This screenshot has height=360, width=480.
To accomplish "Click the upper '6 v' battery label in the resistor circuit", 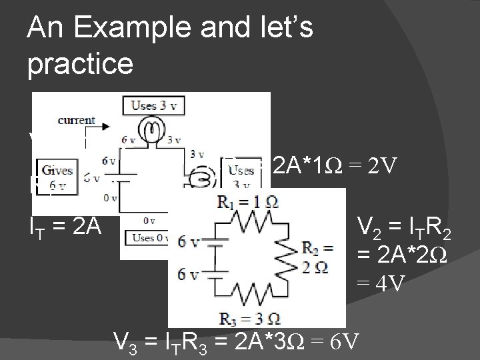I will click(189, 243).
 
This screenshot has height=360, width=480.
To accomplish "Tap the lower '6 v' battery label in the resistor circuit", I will click(189, 273).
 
